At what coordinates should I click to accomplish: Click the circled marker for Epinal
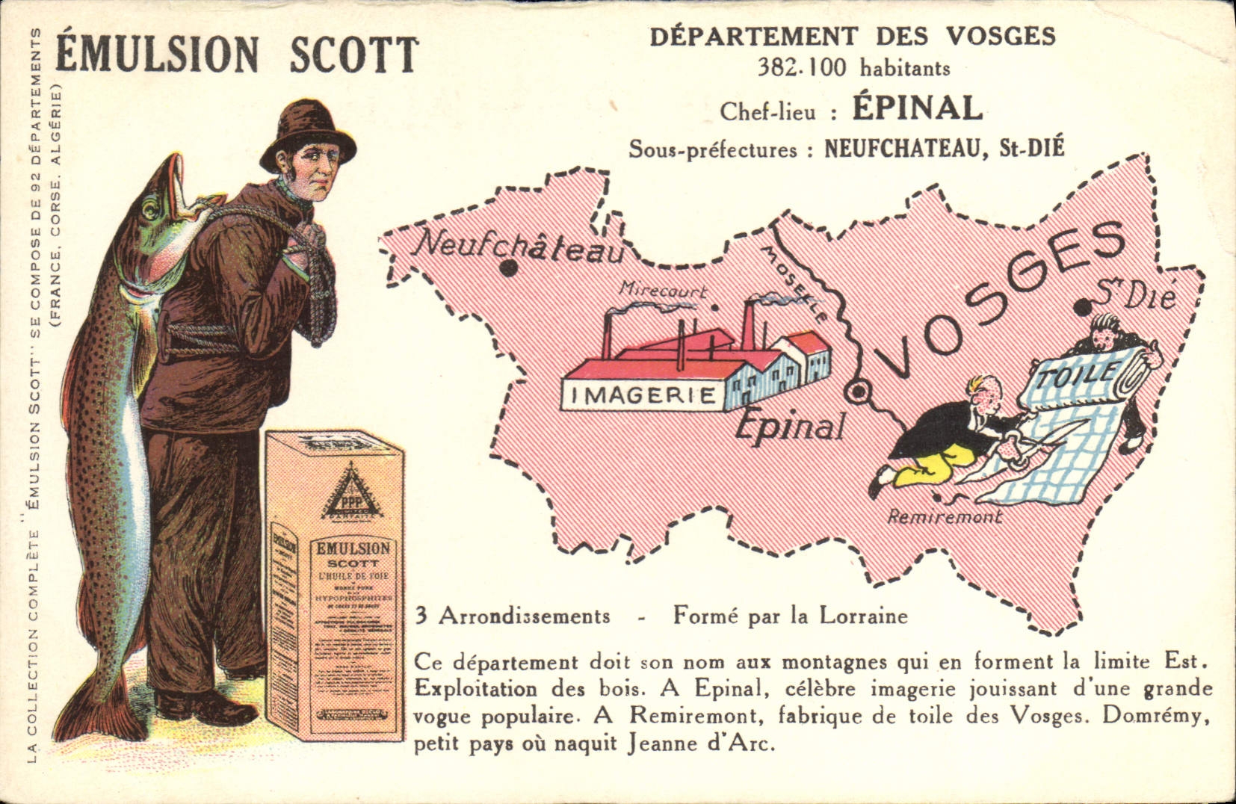[858, 390]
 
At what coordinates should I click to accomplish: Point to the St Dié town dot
[1081, 307]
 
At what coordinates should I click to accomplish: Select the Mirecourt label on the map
[662, 291]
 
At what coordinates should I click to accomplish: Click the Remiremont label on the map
[944, 516]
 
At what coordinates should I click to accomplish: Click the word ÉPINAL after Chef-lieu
[917, 108]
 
